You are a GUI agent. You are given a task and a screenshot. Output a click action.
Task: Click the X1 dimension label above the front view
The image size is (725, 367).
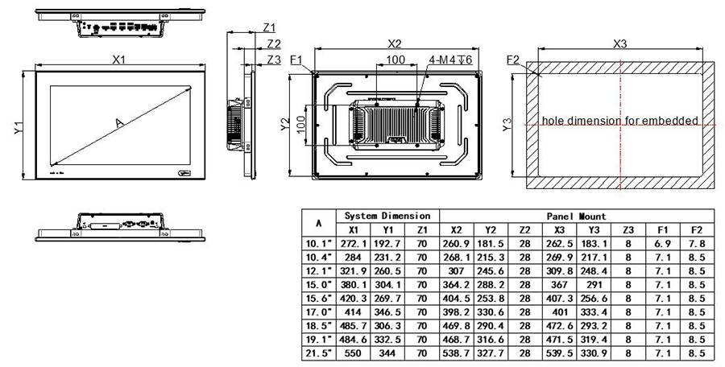click(x=119, y=59)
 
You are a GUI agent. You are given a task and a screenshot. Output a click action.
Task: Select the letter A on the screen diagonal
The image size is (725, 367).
click(x=119, y=122)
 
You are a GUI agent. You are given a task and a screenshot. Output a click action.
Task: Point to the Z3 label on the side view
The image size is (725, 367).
click(x=273, y=60)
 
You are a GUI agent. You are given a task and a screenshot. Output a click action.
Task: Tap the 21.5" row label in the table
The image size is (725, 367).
click(x=317, y=353)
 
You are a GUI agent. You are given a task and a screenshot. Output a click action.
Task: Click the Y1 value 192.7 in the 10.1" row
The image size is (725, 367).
click(x=387, y=242)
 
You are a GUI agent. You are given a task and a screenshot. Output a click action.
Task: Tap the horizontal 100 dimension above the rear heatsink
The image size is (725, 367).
click(x=395, y=60)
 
